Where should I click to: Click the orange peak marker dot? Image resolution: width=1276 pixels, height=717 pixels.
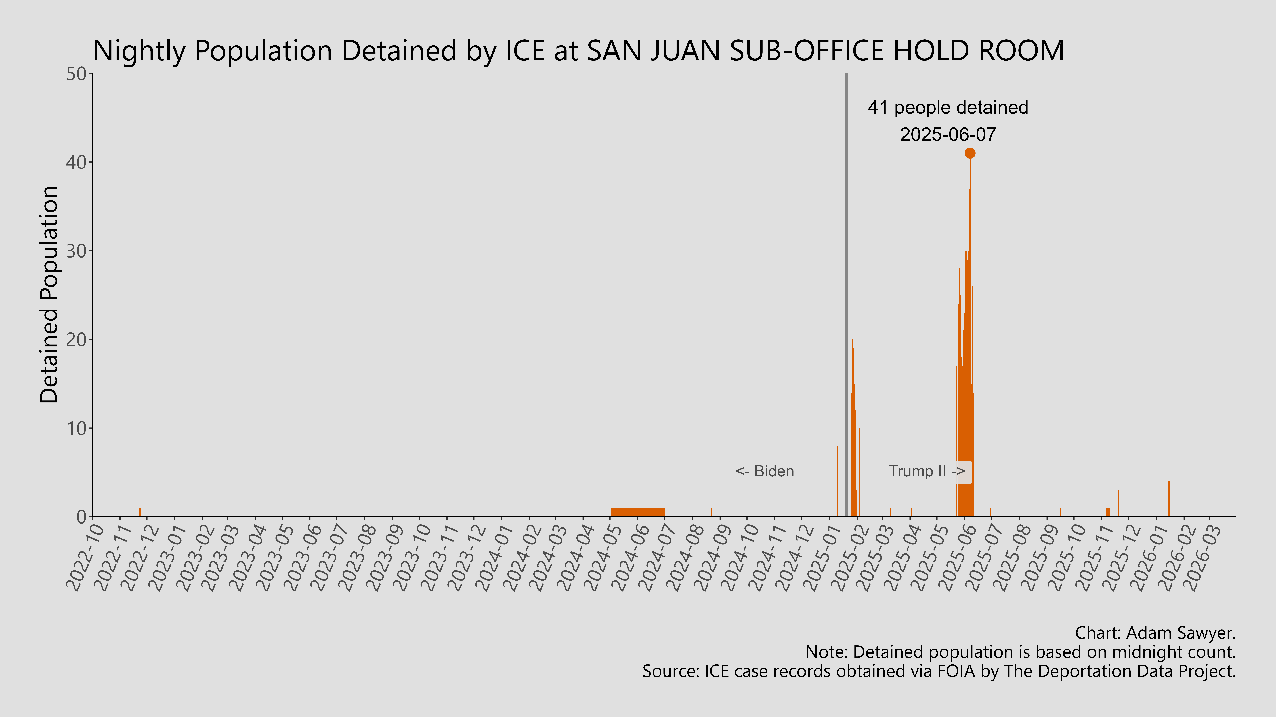(970, 153)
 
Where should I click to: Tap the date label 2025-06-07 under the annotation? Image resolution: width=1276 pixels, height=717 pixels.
(948, 135)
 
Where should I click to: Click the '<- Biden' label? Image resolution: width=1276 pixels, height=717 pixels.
(765, 471)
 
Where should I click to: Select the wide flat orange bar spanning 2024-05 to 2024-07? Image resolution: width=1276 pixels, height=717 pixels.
(638, 512)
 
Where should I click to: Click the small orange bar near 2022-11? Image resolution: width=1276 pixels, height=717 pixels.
(140, 512)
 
